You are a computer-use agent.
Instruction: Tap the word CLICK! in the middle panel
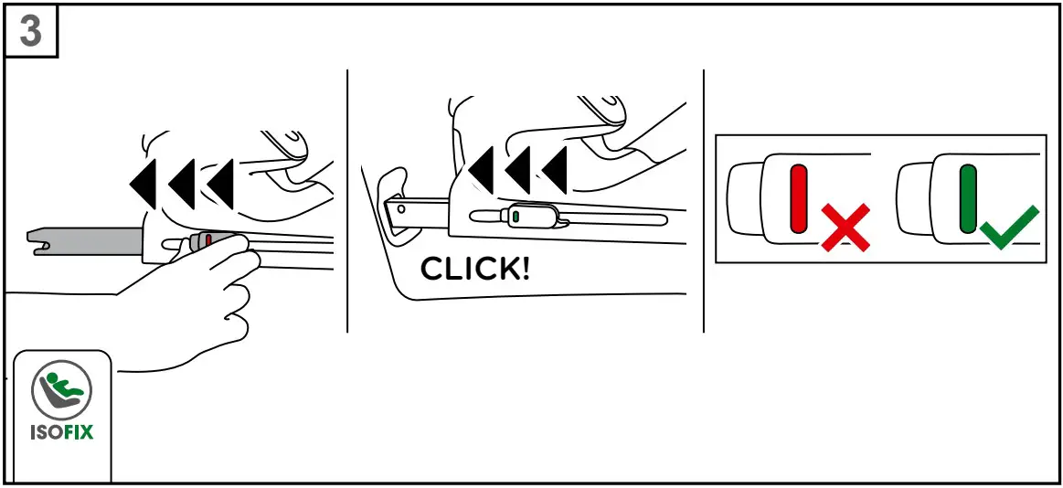click(x=474, y=269)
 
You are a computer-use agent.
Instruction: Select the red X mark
click(x=844, y=228)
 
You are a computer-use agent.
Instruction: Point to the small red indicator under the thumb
click(x=209, y=239)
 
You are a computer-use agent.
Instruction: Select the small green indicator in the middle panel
click(x=515, y=217)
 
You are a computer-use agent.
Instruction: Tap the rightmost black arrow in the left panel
click(x=222, y=182)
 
